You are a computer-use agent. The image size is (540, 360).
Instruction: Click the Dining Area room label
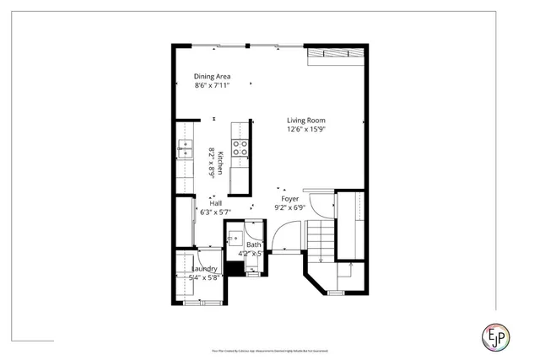[212, 76]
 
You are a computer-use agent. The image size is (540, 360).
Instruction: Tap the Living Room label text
[305, 121]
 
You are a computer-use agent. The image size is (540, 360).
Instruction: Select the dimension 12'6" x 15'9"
[305, 130]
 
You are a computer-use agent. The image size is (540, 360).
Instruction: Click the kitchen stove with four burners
[240, 148]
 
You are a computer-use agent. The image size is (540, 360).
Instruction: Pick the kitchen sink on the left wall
[184, 149]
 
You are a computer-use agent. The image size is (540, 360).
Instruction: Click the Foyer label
[289, 199]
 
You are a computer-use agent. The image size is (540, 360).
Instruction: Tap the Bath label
[253, 244]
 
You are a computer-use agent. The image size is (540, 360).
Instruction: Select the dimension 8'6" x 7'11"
[212, 85]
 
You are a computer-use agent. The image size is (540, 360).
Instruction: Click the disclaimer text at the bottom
[269, 350]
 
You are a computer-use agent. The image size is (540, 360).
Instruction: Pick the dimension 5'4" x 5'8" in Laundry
[193, 277]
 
